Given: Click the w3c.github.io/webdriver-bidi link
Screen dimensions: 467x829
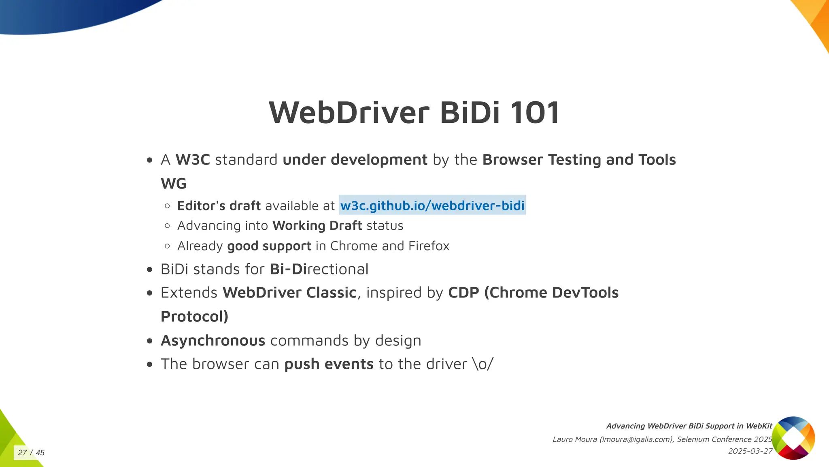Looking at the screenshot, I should (x=432, y=206).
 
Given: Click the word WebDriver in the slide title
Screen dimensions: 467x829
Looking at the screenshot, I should (x=349, y=112).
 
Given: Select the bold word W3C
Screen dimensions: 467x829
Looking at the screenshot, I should (x=193, y=160).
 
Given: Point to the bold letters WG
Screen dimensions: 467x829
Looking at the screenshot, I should (x=174, y=184).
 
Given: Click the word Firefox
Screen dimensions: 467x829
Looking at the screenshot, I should (x=429, y=246).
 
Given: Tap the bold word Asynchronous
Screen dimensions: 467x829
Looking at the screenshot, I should (x=213, y=341).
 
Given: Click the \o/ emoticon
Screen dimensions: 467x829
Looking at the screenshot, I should (x=483, y=364).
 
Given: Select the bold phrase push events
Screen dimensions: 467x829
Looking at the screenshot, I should (x=329, y=364).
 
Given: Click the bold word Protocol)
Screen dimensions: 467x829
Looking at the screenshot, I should (x=195, y=317).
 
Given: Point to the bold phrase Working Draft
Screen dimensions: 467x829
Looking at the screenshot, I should (x=317, y=226).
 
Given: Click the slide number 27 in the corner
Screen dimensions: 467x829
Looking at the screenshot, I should (x=22, y=453).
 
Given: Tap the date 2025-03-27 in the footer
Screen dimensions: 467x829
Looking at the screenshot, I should (x=750, y=451).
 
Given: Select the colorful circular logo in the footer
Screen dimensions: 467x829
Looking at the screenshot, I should (x=793, y=438).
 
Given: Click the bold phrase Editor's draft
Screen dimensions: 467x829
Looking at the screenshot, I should (x=219, y=206).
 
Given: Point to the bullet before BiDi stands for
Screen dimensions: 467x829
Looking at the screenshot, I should (x=150, y=270).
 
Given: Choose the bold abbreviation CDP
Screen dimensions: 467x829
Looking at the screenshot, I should (x=463, y=293).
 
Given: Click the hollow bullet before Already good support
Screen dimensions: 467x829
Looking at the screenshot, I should (x=167, y=246).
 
